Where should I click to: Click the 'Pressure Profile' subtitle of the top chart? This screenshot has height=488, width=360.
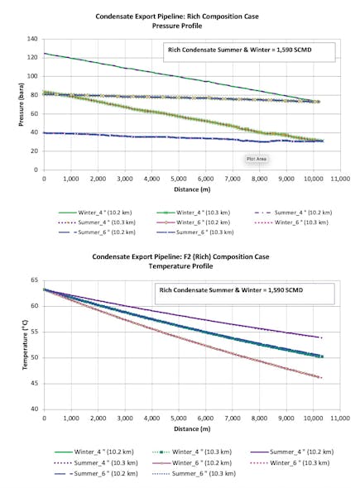pos(181,26)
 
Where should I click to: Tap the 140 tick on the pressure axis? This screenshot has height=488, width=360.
pos(33,39)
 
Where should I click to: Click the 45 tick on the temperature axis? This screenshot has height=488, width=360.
pos(33,384)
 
